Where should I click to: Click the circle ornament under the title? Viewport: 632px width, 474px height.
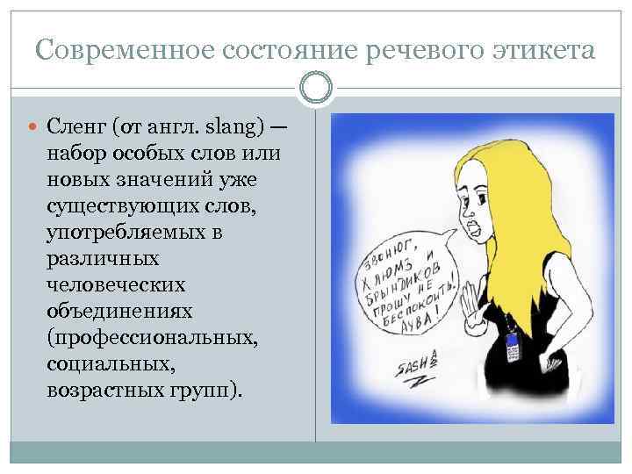click(316, 88)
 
